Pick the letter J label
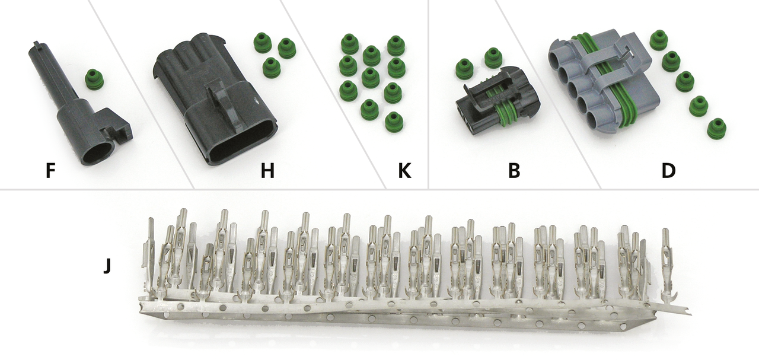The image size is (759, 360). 107,266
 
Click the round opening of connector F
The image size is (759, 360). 99,154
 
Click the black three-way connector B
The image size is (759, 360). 498,101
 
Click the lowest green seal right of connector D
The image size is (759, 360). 717,129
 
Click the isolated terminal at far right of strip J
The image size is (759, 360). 667,266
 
